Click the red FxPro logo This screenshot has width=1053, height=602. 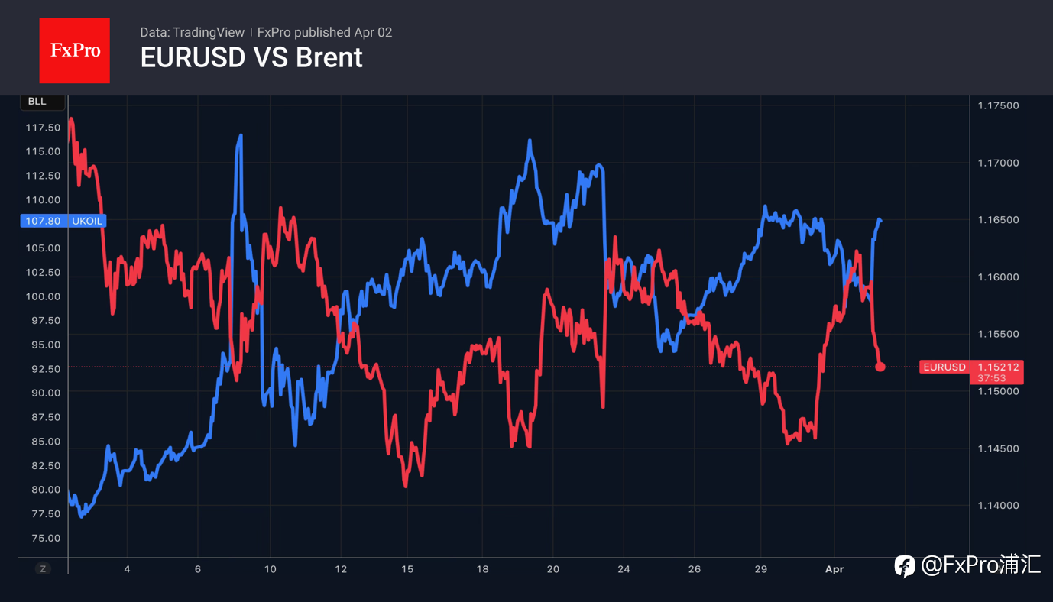point(74,50)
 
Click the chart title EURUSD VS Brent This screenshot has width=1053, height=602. point(251,58)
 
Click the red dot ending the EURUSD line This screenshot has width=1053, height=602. point(880,367)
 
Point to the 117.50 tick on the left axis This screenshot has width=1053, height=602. point(43,128)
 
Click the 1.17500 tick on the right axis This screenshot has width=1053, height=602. point(998,105)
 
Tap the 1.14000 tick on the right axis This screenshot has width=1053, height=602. point(998,505)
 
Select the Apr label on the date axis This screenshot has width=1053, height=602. point(835,569)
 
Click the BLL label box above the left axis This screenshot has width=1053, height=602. point(37,102)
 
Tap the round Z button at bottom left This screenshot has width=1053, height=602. point(43,568)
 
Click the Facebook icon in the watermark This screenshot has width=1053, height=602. point(905,566)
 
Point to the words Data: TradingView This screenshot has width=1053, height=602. point(192,32)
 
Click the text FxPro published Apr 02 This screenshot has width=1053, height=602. point(325,32)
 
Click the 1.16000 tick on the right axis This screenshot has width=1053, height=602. point(998,277)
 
